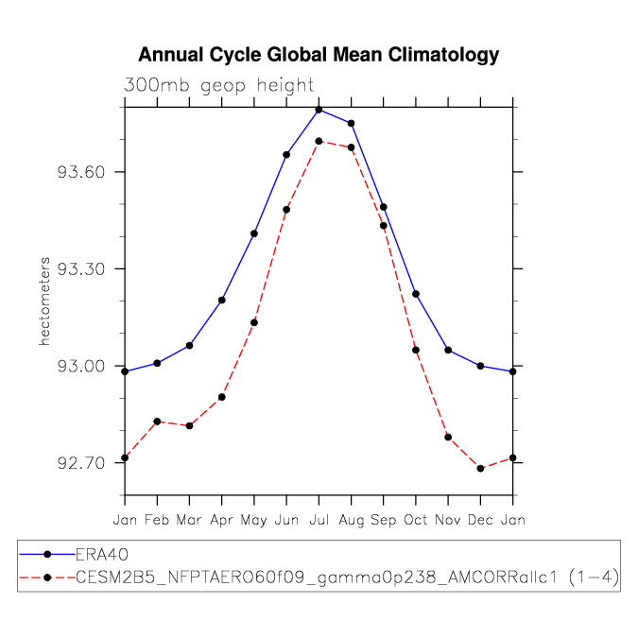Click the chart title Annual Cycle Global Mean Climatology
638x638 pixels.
pyautogui.click(x=319, y=55)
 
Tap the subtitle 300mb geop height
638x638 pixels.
pyautogui.click(x=218, y=85)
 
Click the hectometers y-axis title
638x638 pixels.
pyautogui.click(x=43, y=300)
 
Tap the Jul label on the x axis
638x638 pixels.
pyautogui.click(x=319, y=519)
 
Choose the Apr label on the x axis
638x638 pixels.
pyautogui.click(x=222, y=519)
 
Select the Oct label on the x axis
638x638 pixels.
pyautogui.click(x=416, y=519)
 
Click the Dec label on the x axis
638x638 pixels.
pyautogui.click(x=480, y=519)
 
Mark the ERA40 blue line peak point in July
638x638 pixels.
pyautogui.click(x=319, y=110)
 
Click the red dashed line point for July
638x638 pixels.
pyautogui.click(x=319, y=141)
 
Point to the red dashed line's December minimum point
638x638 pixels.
pyautogui.click(x=481, y=469)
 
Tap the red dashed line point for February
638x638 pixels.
pyautogui.click(x=157, y=422)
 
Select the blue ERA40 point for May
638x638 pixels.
pyautogui.click(x=254, y=233)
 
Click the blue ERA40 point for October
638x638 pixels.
pyautogui.click(x=416, y=294)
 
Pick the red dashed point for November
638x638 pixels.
pyautogui.click(x=448, y=438)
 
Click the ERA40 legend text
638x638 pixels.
pyautogui.click(x=101, y=554)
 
